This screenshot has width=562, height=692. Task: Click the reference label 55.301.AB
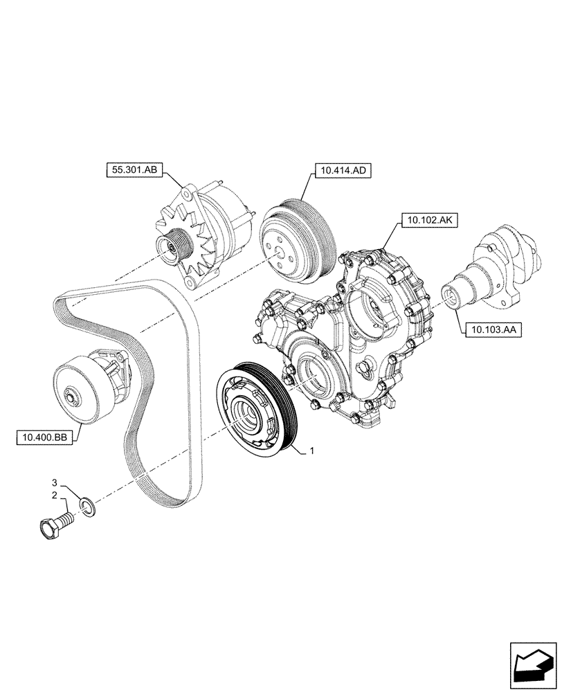pyautogui.click(x=134, y=168)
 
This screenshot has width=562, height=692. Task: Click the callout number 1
pyautogui.click(x=312, y=450)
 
